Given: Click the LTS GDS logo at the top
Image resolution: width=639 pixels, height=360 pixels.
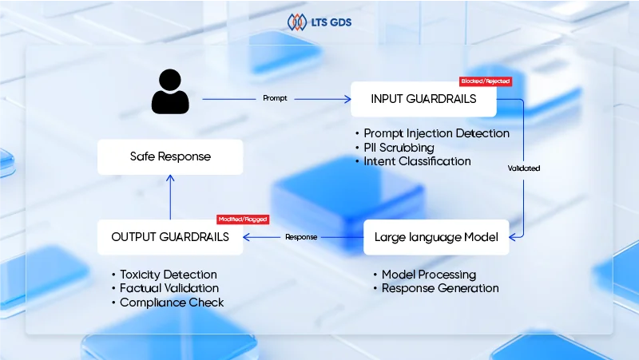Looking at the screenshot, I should tap(319, 22).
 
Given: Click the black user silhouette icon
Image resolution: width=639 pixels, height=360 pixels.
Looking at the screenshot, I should tap(170, 91).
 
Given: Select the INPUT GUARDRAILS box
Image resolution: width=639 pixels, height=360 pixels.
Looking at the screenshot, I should tap(423, 99).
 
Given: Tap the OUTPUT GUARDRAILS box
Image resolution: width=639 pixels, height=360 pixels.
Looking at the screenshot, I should tap(170, 237).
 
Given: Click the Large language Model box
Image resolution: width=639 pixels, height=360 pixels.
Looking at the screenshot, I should tap(436, 237).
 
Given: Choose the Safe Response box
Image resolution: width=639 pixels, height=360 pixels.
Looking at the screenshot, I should tap(170, 156).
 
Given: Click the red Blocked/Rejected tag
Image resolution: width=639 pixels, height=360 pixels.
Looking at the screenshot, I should tap(485, 81).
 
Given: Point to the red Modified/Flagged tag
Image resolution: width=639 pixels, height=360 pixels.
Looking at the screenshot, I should tap(243, 219).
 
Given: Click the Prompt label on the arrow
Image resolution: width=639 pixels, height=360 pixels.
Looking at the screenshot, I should tap(275, 99).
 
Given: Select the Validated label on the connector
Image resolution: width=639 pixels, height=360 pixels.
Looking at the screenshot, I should tap(524, 168).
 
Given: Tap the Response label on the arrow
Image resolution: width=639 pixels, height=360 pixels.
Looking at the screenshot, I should tap(301, 237).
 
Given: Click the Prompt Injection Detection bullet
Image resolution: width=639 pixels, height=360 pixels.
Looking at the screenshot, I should tap(436, 133).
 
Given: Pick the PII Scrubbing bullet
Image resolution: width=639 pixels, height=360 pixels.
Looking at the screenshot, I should tap(399, 148).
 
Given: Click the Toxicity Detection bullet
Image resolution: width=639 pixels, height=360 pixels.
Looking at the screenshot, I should tap(168, 275).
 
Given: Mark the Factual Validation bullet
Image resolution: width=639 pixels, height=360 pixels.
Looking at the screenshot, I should tap(169, 288).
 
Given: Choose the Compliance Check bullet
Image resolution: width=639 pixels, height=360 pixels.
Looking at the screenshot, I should tap(172, 303).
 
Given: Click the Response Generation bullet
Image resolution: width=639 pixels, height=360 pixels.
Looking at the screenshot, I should tap(439, 288).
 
